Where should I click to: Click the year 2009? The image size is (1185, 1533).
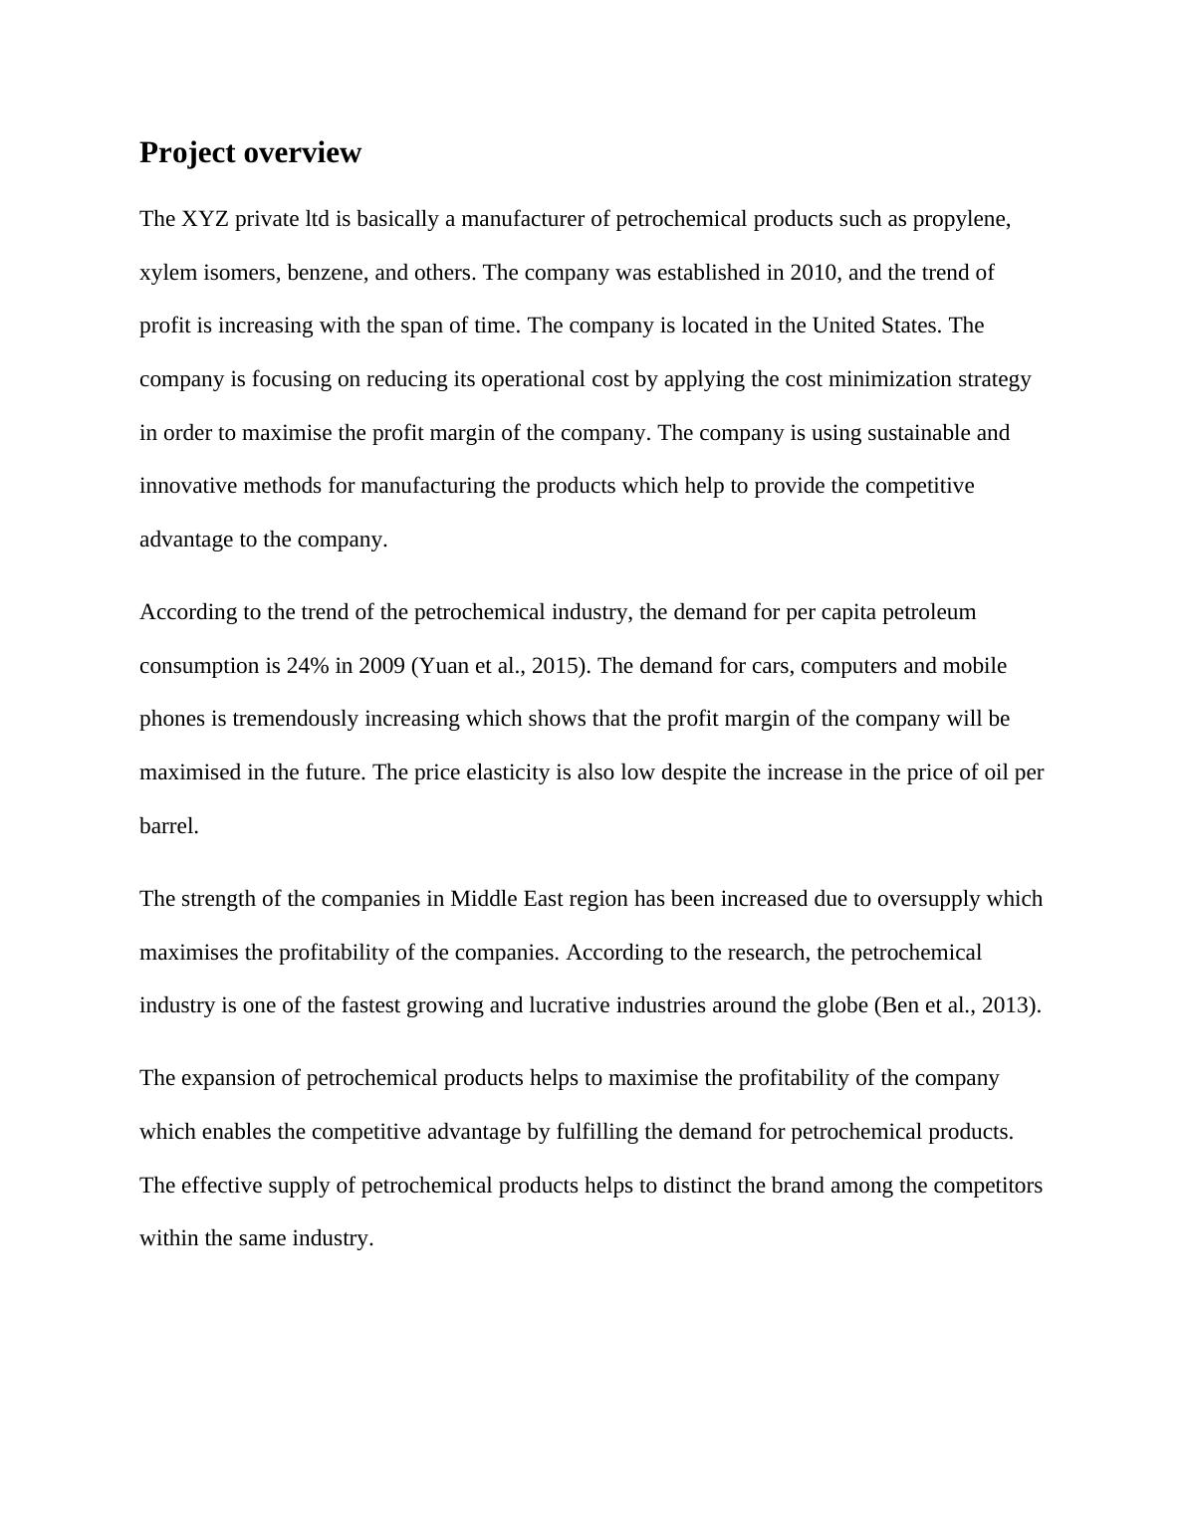point(380,666)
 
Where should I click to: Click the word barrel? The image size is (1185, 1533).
point(168,826)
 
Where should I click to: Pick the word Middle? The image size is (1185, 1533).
point(483,899)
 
